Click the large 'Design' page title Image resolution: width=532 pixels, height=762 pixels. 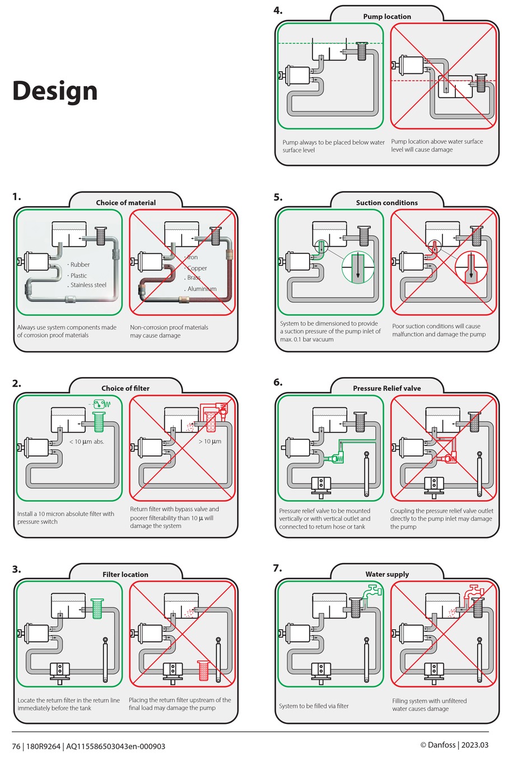(55, 91)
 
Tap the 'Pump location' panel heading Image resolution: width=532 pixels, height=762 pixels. (387, 16)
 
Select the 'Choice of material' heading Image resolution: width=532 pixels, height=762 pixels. (125, 202)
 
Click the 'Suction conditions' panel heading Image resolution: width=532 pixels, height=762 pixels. (387, 202)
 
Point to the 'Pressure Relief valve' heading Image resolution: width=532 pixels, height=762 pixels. (387, 388)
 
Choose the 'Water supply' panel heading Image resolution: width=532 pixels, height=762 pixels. (387, 574)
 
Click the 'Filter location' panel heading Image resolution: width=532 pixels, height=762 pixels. (125, 574)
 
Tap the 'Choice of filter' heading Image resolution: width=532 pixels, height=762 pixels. (125, 388)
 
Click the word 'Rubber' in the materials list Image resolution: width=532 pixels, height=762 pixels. (80, 264)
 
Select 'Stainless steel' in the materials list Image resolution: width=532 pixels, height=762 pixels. (88, 285)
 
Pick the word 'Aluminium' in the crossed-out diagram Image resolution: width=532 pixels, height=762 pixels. (202, 289)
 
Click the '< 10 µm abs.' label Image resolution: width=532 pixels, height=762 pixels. (87, 442)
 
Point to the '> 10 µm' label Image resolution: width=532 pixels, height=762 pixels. (210, 442)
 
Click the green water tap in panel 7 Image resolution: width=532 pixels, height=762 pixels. (371, 592)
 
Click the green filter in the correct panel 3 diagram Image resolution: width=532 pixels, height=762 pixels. (97, 608)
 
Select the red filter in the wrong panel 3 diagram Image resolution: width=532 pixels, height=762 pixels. (203, 670)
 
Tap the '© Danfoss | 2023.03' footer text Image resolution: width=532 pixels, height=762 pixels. (454, 745)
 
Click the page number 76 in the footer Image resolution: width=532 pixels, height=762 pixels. (16, 746)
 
